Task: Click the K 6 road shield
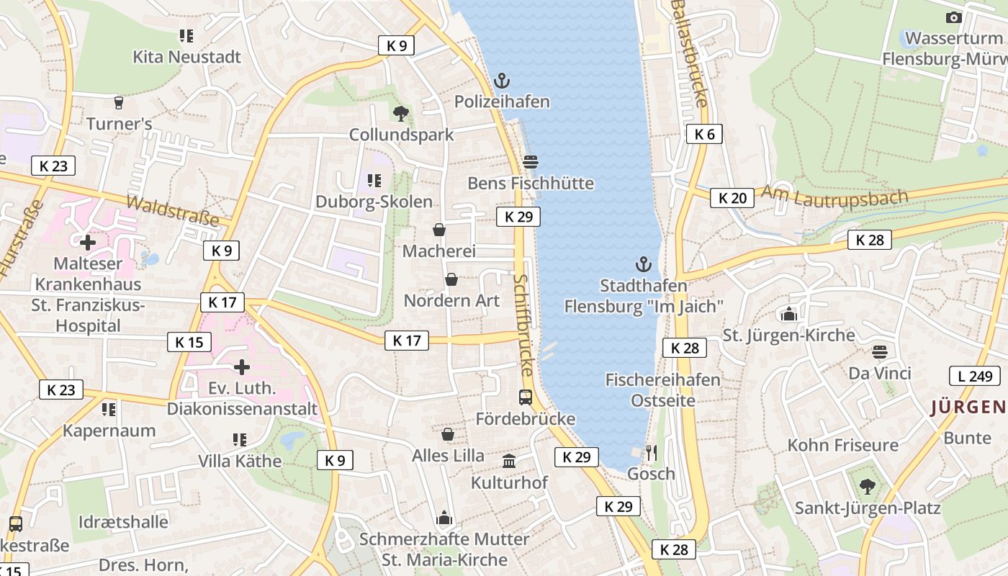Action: [x=703, y=134]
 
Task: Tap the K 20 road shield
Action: [x=732, y=197]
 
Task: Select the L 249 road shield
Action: [x=975, y=375]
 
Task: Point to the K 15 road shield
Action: [x=189, y=341]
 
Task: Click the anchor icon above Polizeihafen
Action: [x=501, y=81]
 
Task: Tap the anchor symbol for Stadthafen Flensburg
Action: [x=643, y=264]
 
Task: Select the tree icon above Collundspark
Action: [x=401, y=113]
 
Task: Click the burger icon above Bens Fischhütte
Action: [x=531, y=162]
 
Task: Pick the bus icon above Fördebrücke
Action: [x=526, y=397]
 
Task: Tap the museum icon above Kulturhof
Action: [x=509, y=461]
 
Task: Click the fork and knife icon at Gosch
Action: [x=651, y=452]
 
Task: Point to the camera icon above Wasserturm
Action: [x=954, y=17]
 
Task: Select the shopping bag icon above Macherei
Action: [x=438, y=230]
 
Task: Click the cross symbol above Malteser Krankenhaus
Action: [x=88, y=243]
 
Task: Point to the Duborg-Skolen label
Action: [x=374, y=202]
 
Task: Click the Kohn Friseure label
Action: [x=843, y=445]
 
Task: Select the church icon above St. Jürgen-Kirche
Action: [x=788, y=313]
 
